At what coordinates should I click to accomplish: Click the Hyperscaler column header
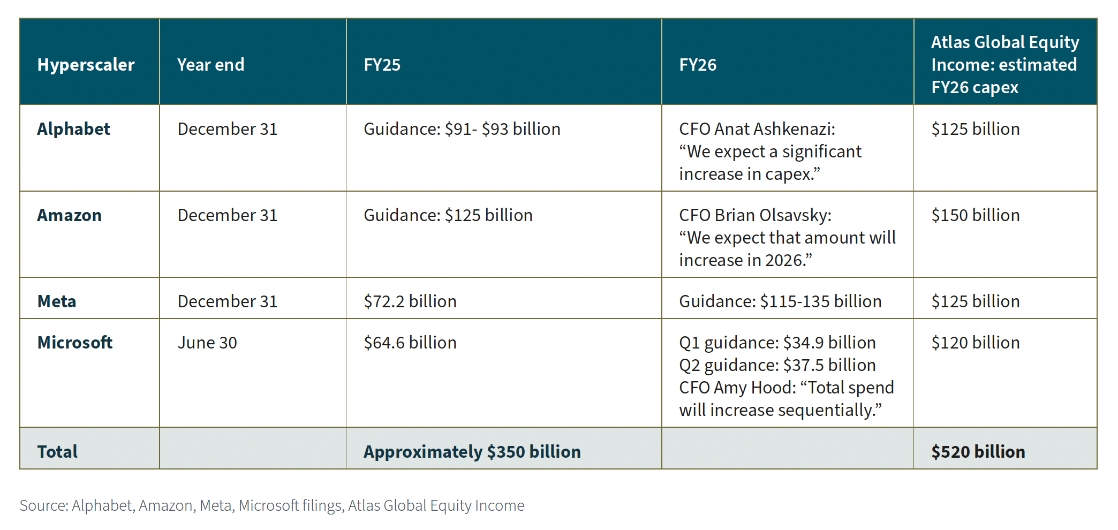point(86,65)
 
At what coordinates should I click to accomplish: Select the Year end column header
point(210,65)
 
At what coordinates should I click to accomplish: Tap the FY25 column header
point(382,65)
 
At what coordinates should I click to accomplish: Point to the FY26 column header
point(697,65)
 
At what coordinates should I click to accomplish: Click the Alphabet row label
point(73,129)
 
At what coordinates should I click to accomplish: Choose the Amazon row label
point(69,215)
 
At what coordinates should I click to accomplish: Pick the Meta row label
point(57,301)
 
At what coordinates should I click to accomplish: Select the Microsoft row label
point(75,343)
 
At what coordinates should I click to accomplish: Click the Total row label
point(57,452)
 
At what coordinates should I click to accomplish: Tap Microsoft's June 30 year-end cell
point(207,343)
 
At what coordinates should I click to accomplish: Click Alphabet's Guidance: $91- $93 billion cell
point(462,129)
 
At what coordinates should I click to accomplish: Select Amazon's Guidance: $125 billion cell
point(448,215)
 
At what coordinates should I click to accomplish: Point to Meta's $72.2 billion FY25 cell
point(410,301)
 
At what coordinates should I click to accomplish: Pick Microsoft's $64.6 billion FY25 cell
point(410,343)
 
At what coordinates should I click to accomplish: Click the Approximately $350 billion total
point(472,452)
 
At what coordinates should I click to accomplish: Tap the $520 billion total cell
point(978,452)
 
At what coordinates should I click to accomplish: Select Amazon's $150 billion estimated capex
point(975,215)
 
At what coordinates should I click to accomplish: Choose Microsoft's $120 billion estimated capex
point(975,343)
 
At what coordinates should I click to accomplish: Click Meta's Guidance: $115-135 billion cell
point(780,301)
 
